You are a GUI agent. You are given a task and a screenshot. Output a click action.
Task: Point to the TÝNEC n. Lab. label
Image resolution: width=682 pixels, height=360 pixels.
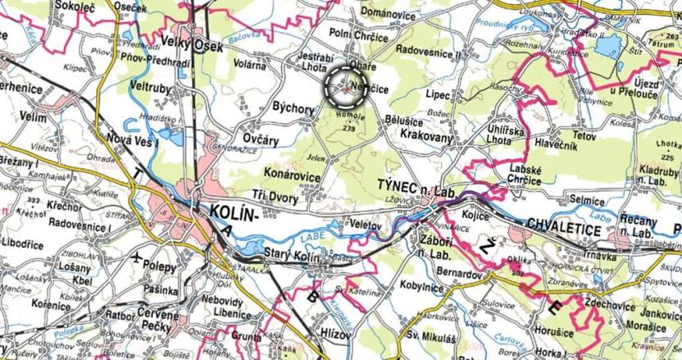click(x=416, y=188)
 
